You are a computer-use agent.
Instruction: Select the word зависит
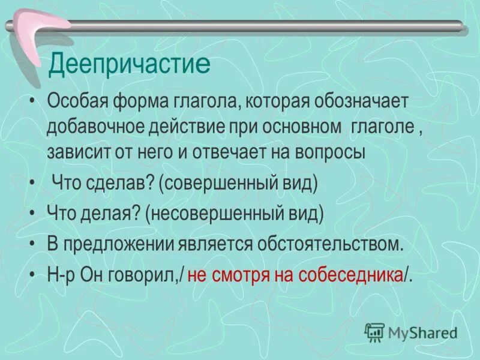click(x=73, y=152)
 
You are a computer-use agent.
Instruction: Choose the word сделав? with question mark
click(x=116, y=183)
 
